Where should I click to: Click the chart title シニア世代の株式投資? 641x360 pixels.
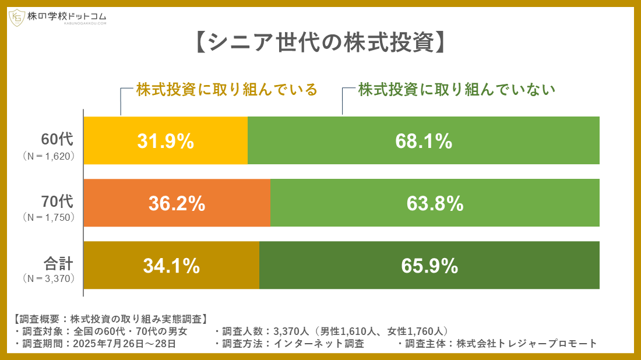[320, 43]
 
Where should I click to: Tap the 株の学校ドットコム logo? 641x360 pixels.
[58, 17]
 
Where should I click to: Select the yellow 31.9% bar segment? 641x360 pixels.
[165, 141]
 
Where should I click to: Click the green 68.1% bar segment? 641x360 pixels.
[424, 141]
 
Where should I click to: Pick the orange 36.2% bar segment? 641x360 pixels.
[177, 203]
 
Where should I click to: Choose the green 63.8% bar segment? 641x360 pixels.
[435, 203]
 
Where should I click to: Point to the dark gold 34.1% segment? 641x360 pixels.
[171, 266]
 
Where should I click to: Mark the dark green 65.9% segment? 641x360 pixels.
[429, 266]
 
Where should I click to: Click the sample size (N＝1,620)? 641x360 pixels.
[49, 156]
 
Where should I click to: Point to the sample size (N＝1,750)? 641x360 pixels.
[49, 218]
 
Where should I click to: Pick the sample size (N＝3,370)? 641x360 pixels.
[49, 278]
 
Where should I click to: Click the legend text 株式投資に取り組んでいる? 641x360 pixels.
[227, 90]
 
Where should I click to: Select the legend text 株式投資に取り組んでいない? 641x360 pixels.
[456, 90]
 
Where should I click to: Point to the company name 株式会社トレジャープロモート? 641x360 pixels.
[527, 344]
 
